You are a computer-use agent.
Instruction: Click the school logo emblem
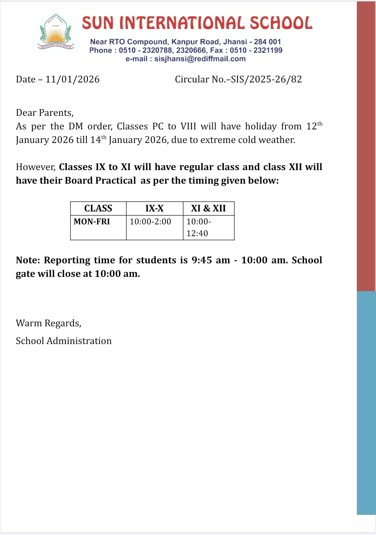[x=55, y=32]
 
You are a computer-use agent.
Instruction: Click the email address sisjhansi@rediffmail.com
[x=200, y=59]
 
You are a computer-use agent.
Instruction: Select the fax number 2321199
[x=268, y=50]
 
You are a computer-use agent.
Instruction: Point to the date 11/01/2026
[x=72, y=79]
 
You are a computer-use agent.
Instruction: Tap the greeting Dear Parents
[x=45, y=113]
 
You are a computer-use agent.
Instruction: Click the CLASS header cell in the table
[x=98, y=208]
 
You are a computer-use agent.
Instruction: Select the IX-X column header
[x=155, y=208]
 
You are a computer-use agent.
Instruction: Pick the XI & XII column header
[x=209, y=208]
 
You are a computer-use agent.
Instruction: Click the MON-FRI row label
[x=92, y=222]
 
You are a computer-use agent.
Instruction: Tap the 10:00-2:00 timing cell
[x=150, y=222]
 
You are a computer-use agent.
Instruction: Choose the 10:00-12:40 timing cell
[x=199, y=227]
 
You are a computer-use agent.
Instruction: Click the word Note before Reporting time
[x=28, y=260]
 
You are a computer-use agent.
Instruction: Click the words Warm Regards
[x=48, y=323]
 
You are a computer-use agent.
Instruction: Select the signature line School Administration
[x=64, y=341]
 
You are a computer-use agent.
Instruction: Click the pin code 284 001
[x=267, y=42]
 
